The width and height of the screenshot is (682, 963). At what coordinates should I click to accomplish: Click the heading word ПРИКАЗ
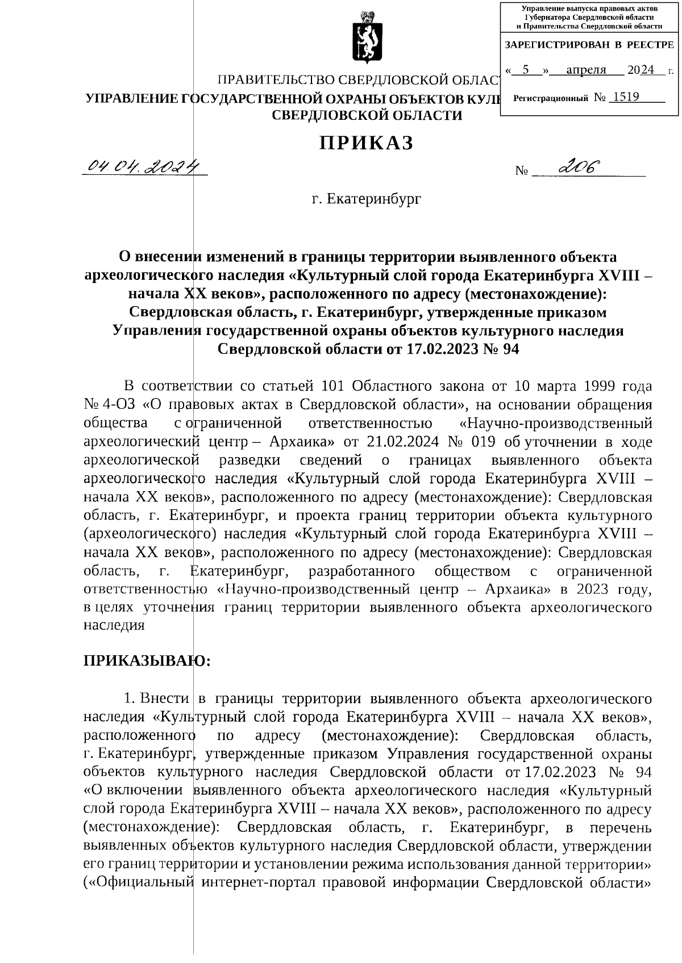point(366,143)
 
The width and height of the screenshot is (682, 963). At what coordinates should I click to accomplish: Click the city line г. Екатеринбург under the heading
point(367,199)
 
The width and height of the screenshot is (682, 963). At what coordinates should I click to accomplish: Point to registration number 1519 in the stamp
point(624,97)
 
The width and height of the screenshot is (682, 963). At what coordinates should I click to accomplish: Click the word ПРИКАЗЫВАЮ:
point(147,660)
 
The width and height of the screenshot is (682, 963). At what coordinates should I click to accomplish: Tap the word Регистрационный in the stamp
point(550,99)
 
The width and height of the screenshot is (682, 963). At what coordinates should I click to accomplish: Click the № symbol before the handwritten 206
point(521,170)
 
